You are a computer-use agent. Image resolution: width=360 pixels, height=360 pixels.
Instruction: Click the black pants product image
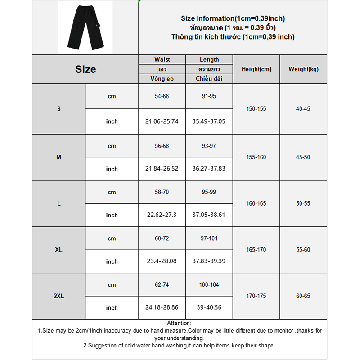point(85,28)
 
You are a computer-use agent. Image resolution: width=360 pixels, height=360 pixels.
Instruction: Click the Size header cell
point(85,69)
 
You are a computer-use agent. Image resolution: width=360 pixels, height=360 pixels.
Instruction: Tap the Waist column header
point(162,59)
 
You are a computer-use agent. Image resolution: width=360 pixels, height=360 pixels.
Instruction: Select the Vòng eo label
point(162,79)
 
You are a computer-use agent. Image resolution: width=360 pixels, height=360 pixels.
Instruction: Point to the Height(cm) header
point(256,69)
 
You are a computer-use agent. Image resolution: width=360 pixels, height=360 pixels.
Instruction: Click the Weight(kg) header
point(303,69)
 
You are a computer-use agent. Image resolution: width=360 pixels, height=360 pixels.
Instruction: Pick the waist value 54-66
point(162,96)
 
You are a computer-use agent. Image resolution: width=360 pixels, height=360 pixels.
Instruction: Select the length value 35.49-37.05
point(209,121)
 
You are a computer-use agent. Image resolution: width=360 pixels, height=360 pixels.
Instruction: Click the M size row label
point(58,157)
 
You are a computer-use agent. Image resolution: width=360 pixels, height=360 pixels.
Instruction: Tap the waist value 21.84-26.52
point(162,169)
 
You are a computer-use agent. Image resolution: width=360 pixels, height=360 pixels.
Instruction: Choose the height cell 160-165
point(256,203)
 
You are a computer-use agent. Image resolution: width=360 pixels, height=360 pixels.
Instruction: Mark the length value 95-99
point(209,192)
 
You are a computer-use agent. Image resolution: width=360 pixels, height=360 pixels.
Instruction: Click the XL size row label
point(58,250)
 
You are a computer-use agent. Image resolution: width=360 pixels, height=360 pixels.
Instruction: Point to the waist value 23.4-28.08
point(162,261)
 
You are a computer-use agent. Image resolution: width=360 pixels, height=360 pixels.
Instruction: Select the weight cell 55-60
point(303,250)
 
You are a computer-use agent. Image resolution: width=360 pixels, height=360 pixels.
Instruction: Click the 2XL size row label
point(58,296)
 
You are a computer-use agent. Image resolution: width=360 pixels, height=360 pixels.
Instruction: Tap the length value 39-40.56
point(209,308)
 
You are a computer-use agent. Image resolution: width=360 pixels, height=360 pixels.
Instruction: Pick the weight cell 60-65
point(303,296)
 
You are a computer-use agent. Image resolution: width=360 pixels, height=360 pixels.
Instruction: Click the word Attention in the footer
point(179,323)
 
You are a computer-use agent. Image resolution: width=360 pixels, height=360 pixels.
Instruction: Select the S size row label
point(58,109)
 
